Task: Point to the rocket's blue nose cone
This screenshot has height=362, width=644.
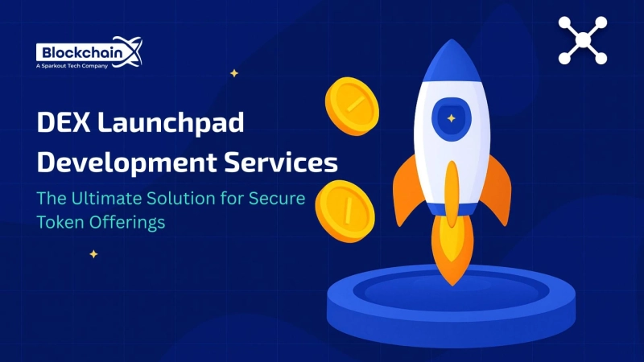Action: (x=452, y=64)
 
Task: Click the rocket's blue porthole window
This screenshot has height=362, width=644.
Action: (x=452, y=120)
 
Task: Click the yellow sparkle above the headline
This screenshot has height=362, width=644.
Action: (x=234, y=73)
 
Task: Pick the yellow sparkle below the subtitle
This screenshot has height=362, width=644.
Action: (x=93, y=254)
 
